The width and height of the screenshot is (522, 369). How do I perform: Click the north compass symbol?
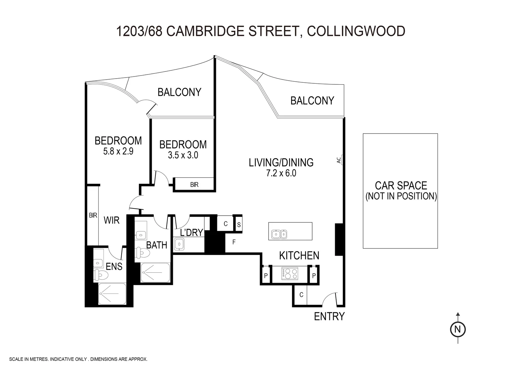[458, 329]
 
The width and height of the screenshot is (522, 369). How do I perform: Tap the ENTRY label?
[329, 316]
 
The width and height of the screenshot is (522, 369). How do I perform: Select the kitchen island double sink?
[279, 234]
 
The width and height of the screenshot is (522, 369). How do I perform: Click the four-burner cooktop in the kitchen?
[290, 274]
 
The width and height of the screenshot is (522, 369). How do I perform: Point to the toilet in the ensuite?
[101, 274]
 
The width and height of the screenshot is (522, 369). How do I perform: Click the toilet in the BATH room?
[142, 253]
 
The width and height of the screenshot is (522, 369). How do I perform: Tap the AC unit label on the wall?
[339, 160]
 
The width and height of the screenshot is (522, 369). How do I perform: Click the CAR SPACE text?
[401, 186]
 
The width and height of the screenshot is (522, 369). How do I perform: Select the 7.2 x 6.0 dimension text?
[281, 173]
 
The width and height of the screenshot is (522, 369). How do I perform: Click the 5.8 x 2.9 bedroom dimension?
[118, 151]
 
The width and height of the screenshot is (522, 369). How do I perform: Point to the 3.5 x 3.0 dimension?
[183, 155]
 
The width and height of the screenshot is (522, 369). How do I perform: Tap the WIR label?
[112, 220]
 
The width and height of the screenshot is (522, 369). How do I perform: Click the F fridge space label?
[234, 242]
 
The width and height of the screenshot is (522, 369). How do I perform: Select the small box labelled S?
[239, 224]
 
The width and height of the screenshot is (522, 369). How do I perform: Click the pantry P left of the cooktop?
[266, 275]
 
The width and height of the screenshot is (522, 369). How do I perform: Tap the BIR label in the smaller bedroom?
[194, 185]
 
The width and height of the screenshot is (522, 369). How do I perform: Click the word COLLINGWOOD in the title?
[356, 31]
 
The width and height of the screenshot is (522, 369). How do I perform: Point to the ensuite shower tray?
[111, 293]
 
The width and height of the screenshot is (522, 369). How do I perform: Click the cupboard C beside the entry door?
[301, 295]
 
